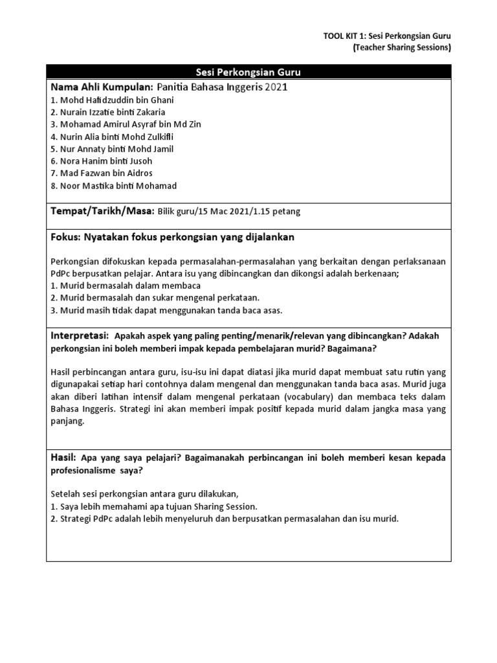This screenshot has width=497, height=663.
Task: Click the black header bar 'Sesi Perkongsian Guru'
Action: point(248,72)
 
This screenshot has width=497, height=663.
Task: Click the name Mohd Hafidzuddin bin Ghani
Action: point(111,100)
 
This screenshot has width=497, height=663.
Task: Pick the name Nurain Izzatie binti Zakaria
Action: point(107,112)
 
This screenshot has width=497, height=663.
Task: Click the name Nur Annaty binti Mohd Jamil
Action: point(111,149)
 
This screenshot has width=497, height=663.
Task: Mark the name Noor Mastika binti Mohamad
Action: point(113,186)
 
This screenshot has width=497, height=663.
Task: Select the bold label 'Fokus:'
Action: point(65,238)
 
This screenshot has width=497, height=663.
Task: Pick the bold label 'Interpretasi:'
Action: point(78,335)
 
